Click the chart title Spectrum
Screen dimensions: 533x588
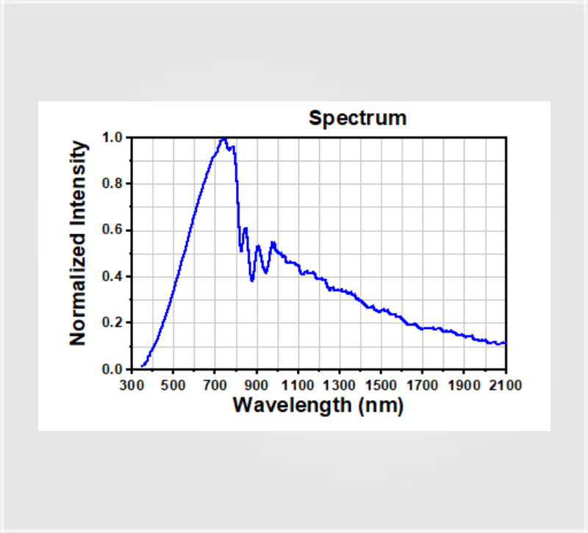pyautogui.click(x=357, y=118)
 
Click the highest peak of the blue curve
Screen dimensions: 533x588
pyautogui.click(x=223, y=138)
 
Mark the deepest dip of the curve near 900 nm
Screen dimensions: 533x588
pyautogui.click(x=252, y=280)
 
